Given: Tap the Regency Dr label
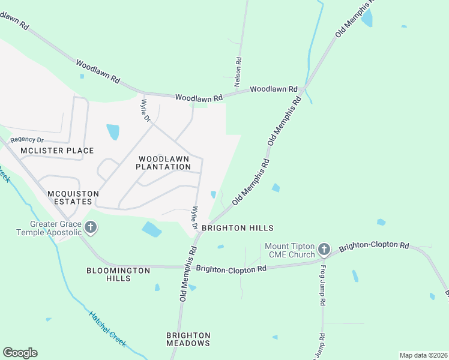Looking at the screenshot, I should pyautogui.click(x=27, y=140).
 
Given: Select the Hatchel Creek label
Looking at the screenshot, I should pyautogui.click(x=108, y=328).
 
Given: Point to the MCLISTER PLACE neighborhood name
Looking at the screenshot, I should pyautogui.click(x=57, y=151).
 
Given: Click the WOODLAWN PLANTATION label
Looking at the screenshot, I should pyautogui.click(x=163, y=163).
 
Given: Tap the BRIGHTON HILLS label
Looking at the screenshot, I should pyautogui.click(x=237, y=228).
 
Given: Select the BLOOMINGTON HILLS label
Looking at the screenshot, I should pyautogui.click(x=118, y=275).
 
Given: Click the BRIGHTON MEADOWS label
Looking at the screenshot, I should pyautogui.click(x=188, y=339).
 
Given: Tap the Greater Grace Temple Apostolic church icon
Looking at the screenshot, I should pyautogui.click(x=91, y=227).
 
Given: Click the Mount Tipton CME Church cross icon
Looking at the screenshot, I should pyautogui.click(x=324, y=249).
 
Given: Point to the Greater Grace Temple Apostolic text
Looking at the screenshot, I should pyautogui.click(x=48, y=227).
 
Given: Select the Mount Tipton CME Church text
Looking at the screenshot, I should pyautogui.click(x=291, y=250).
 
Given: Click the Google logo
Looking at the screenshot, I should pyautogui.click(x=20, y=353).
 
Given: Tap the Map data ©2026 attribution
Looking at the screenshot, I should pyautogui.click(x=423, y=355).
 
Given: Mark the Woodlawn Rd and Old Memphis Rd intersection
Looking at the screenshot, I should pyautogui.click(x=303, y=90).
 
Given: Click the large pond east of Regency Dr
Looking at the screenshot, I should pyautogui.click(x=112, y=131).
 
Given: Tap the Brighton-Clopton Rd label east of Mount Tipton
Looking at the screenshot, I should pyautogui.click(x=373, y=246).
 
